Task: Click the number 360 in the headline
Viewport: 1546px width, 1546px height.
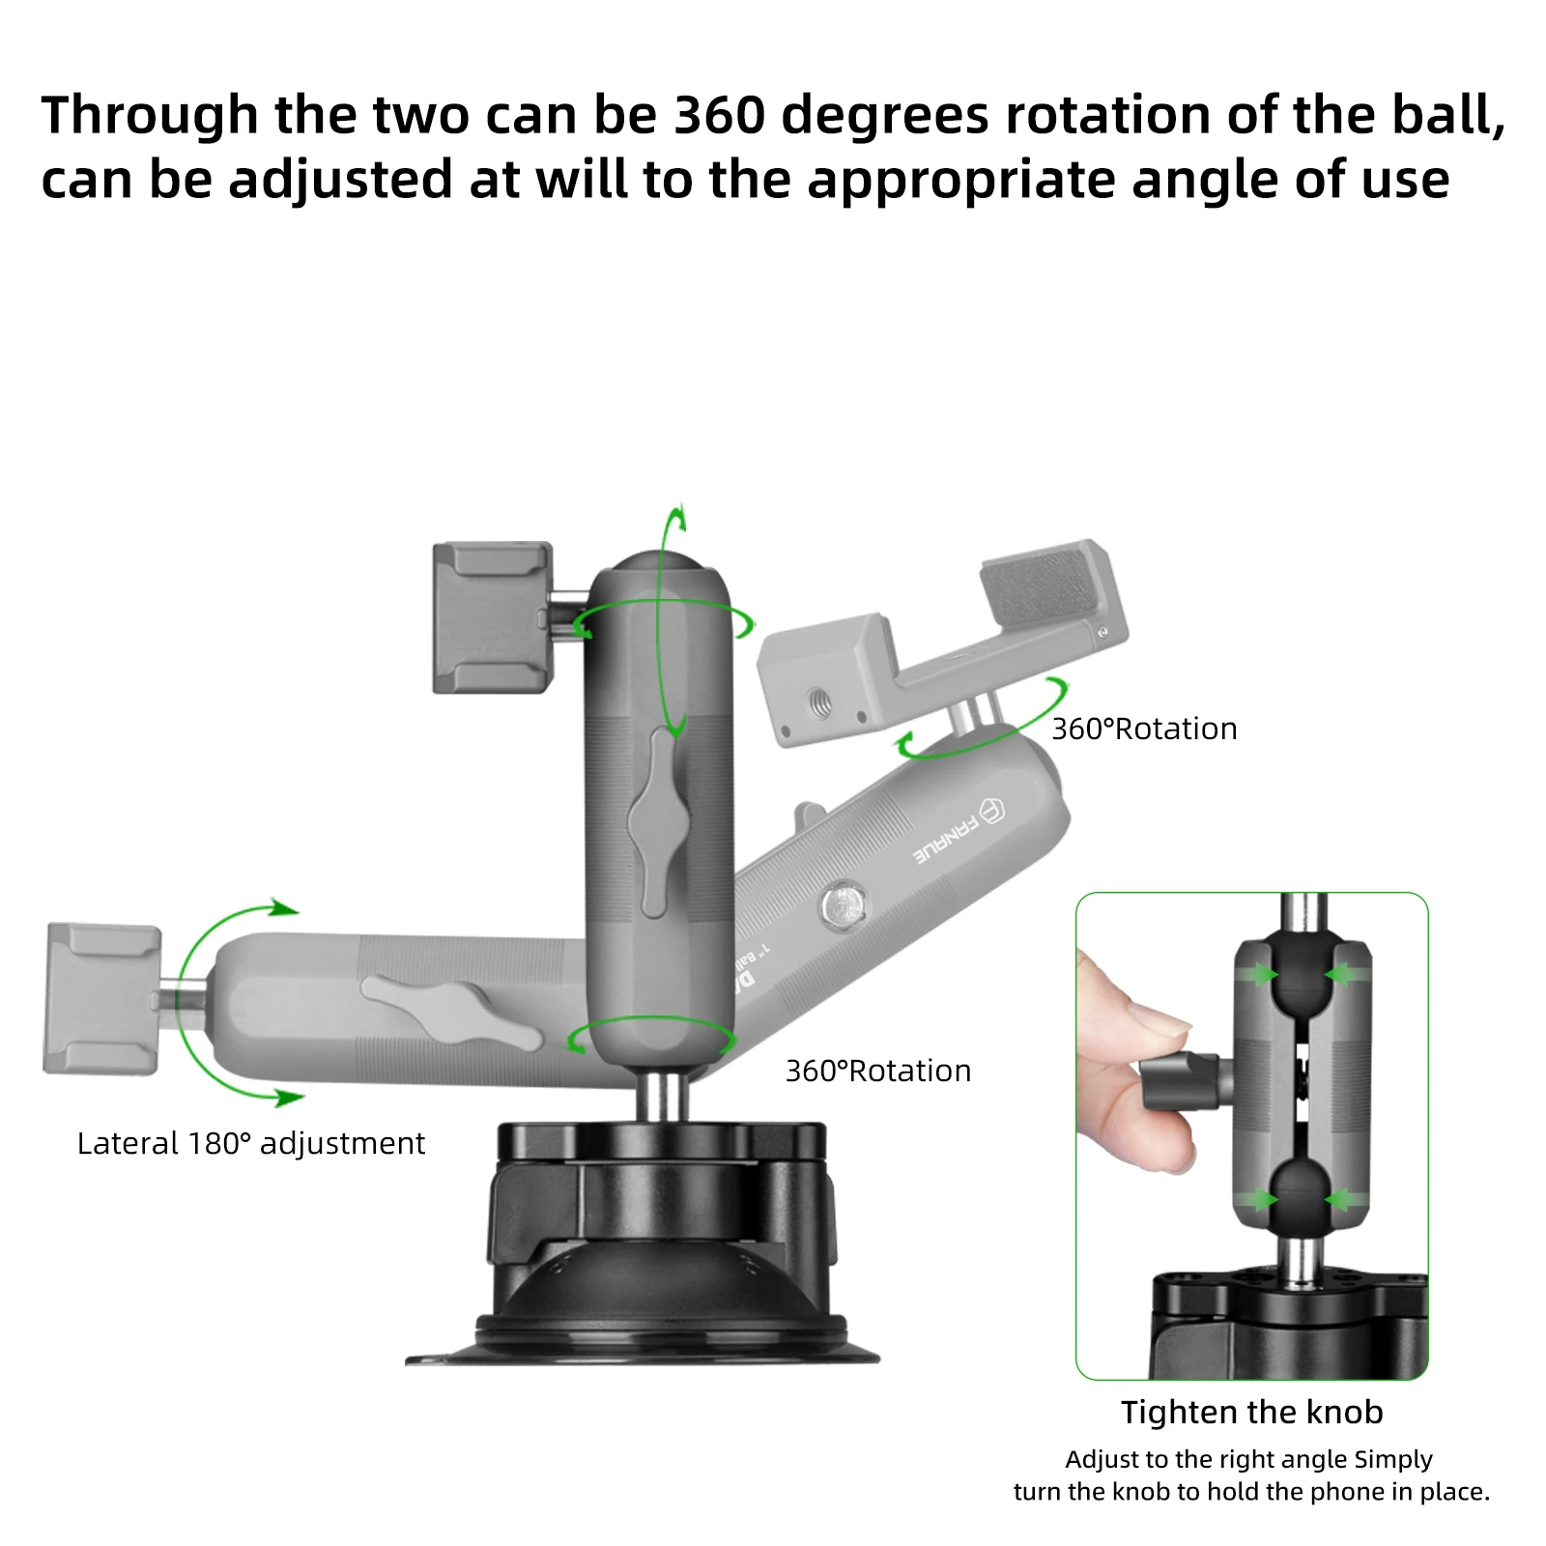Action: pyautogui.click(x=718, y=116)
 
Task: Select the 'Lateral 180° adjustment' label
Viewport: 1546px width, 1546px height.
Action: pyautogui.click(x=250, y=1144)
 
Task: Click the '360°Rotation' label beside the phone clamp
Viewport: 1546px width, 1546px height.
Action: pyautogui.click(x=1144, y=729)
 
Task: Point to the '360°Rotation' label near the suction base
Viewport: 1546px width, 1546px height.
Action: pyautogui.click(x=877, y=1071)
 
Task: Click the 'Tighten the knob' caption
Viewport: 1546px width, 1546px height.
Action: pyautogui.click(x=1251, y=1413)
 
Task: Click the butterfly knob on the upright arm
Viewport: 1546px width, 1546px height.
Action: pyautogui.click(x=659, y=821)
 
